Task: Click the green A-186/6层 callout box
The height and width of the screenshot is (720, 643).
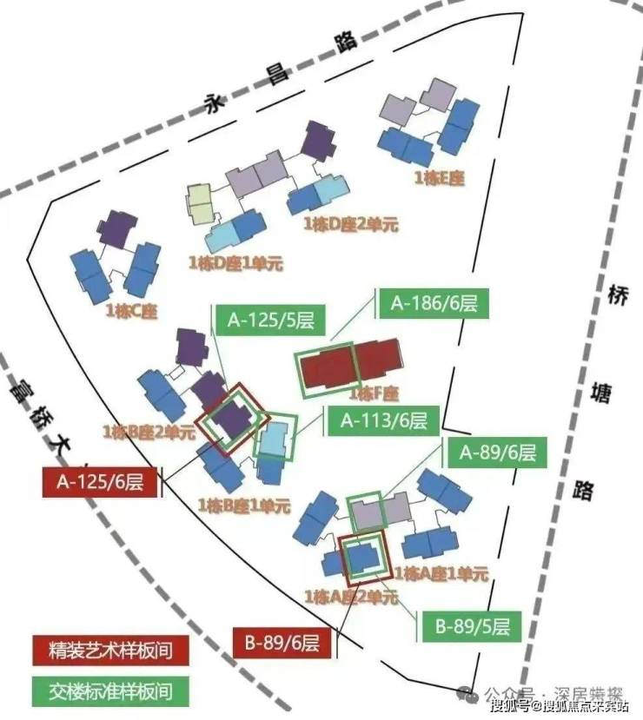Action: click(x=433, y=304)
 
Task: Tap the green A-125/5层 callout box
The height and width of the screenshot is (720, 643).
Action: click(x=270, y=320)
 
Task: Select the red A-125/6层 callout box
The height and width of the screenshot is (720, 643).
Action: click(x=99, y=481)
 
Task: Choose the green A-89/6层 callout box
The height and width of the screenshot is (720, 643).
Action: click(x=497, y=452)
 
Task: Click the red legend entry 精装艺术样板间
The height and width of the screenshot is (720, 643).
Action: click(x=109, y=648)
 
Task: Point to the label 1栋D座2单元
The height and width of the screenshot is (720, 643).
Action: click(x=350, y=224)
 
